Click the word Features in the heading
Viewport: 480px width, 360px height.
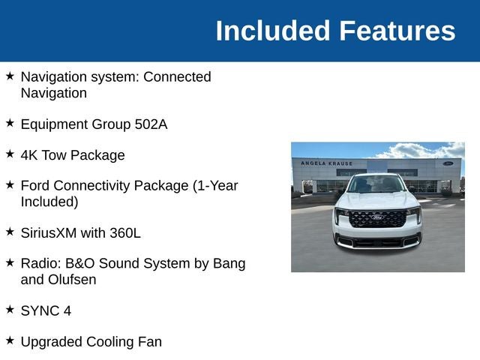tap(397, 31)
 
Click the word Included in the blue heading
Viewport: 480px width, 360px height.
tap(272, 31)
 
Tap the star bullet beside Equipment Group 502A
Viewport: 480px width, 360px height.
tap(10, 123)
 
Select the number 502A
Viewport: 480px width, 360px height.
tap(151, 124)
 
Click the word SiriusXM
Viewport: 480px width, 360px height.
tap(49, 233)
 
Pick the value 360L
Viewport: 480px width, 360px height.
tap(125, 233)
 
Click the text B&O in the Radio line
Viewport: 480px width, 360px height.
tap(80, 263)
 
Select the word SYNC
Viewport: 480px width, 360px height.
tap(40, 311)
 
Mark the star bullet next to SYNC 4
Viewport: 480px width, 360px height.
tap(10, 310)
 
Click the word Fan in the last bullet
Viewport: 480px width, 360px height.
tap(150, 342)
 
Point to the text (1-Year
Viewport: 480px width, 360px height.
tap(215, 186)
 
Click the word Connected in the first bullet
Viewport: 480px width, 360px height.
tap(177, 76)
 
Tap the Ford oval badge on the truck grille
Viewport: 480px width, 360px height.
tap(377, 217)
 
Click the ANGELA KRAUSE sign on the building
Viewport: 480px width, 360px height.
tap(327, 163)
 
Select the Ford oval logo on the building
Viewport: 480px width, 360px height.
tap(448, 163)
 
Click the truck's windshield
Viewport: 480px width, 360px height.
tap(376, 184)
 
